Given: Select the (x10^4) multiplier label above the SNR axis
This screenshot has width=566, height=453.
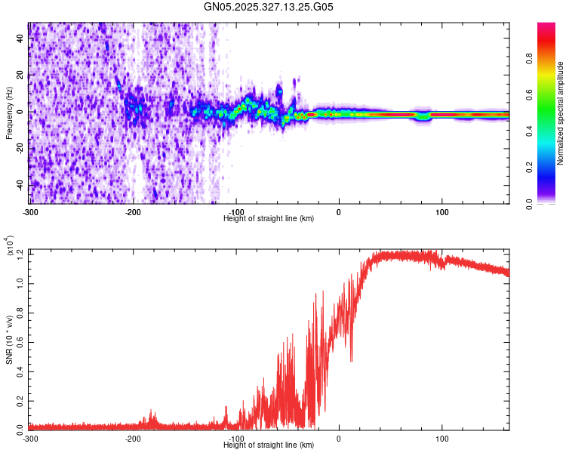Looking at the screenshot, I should [x=10, y=246].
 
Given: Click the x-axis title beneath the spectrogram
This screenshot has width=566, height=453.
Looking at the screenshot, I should [x=269, y=218].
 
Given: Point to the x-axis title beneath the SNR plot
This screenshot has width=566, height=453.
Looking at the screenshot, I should [x=269, y=445].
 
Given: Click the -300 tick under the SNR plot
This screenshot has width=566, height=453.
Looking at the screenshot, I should [x=30, y=438].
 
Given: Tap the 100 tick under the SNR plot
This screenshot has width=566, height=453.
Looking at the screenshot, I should [x=441, y=438].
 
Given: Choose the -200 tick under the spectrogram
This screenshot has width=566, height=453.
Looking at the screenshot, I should [x=133, y=211].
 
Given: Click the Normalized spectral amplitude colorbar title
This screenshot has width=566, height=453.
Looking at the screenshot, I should [x=561, y=113].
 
